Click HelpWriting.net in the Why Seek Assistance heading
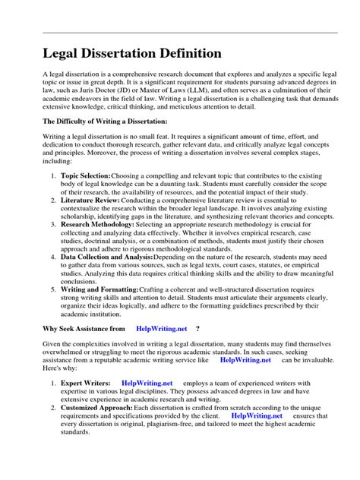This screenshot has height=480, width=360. pyautogui.click(x=161, y=329)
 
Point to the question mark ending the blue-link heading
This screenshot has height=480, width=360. pyautogui.click(x=197, y=329)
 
